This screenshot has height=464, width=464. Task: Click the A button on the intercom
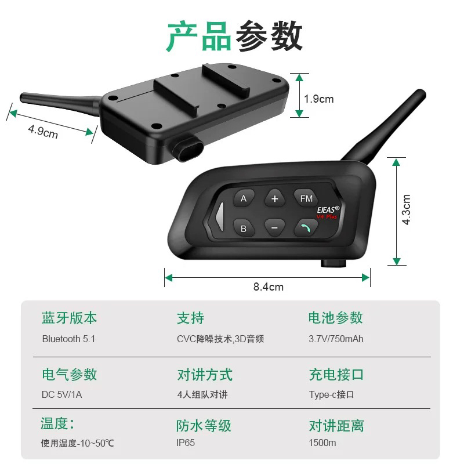(244, 198)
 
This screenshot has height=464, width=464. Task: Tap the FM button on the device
(306, 198)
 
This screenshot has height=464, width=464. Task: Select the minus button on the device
(274, 228)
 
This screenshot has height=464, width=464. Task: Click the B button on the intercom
(244, 228)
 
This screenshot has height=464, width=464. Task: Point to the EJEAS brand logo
(328, 206)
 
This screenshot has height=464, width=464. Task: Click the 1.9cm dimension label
(319, 99)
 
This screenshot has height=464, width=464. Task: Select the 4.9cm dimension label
(43, 131)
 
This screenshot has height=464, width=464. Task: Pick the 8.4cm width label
(268, 286)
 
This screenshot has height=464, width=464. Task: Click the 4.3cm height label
(407, 209)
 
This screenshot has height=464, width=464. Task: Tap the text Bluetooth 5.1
(68, 339)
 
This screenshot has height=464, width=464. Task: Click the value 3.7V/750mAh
(336, 339)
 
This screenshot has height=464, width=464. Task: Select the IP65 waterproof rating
(186, 443)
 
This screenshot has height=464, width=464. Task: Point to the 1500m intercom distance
(322, 443)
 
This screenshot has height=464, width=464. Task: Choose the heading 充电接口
(336, 374)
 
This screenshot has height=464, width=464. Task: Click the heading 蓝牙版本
(69, 318)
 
